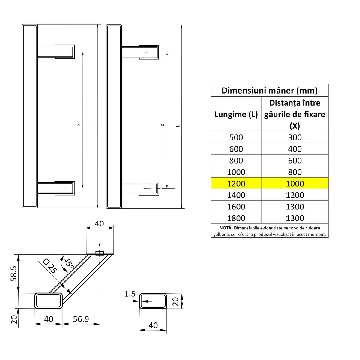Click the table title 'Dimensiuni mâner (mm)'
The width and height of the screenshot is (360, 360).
point(269,91)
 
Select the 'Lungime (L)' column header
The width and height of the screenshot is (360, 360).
point(236,114)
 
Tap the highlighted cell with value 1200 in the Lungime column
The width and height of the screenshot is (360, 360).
point(236,184)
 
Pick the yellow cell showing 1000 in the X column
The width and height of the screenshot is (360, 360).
point(295,184)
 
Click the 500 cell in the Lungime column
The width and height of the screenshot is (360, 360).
point(236,137)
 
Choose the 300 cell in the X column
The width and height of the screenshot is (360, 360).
point(295,137)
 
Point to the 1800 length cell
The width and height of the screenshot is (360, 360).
point(236,218)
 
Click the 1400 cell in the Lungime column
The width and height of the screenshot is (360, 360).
point(236,195)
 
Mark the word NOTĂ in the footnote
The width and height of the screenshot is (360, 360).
point(226,228)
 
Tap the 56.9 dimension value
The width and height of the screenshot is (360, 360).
point(81,319)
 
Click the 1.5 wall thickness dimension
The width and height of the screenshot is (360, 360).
point(130,294)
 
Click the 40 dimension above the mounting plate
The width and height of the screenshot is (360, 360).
point(99,224)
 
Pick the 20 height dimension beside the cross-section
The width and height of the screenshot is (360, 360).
point(176,301)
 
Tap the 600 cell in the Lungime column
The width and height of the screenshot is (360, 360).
point(236,149)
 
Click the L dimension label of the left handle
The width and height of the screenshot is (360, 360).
point(94,125)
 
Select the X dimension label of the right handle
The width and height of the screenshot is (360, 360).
point(163,125)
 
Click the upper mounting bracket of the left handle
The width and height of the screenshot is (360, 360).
point(56,52)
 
